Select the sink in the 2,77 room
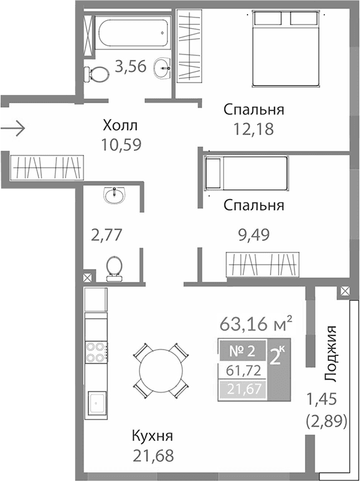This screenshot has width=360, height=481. click(115, 196)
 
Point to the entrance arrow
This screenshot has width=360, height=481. click(12, 129)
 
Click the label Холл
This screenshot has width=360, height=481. click(120, 126)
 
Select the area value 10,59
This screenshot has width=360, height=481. click(120, 144)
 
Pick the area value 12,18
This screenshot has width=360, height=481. click(253, 129)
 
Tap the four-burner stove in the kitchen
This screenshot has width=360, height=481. click(94, 353)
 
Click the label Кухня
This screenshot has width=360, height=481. click(152, 435)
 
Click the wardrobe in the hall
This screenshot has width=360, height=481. click(47, 167)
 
